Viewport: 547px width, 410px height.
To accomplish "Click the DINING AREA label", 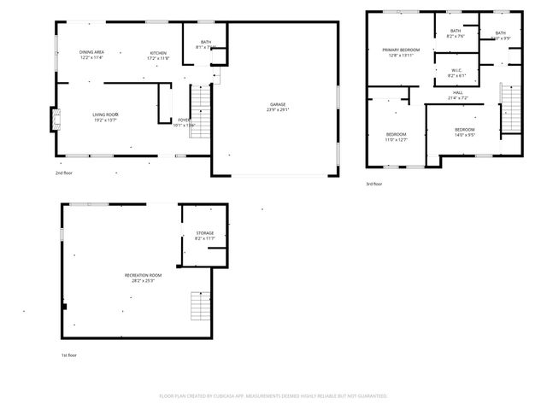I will pos(91,53).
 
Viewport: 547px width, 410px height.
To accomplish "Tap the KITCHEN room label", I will pos(158,53).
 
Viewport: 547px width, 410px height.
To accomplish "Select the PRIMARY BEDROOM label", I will pos(401,50).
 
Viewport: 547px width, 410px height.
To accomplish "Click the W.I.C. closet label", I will pos(456,72).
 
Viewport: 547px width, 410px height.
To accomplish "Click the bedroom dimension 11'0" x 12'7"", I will pos(396,139).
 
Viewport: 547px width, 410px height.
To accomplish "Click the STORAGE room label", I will pos(204,233).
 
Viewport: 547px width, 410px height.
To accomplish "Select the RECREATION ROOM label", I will pos(143,275).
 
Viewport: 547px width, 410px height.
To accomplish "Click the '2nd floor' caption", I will pos(64,173).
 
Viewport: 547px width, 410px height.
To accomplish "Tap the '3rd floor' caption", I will pos(373,184).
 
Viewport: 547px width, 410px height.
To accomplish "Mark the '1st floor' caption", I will pos(68,354).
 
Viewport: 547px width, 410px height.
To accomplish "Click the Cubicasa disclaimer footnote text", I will pos(273,395).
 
